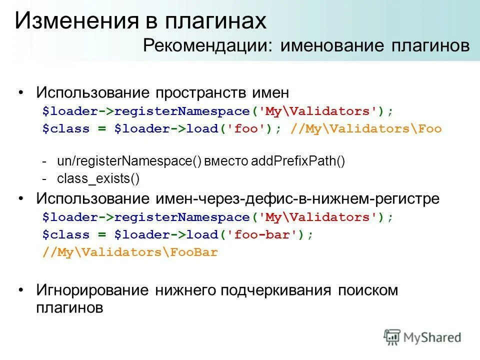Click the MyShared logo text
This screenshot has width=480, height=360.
click(x=433, y=337)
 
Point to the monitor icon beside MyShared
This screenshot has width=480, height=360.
click(x=392, y=336)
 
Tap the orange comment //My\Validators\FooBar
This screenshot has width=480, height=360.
click(x=130, y=252)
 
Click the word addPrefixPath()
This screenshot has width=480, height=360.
click(x=298, y=162)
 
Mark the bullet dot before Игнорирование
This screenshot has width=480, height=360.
click(x=20, y=290)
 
